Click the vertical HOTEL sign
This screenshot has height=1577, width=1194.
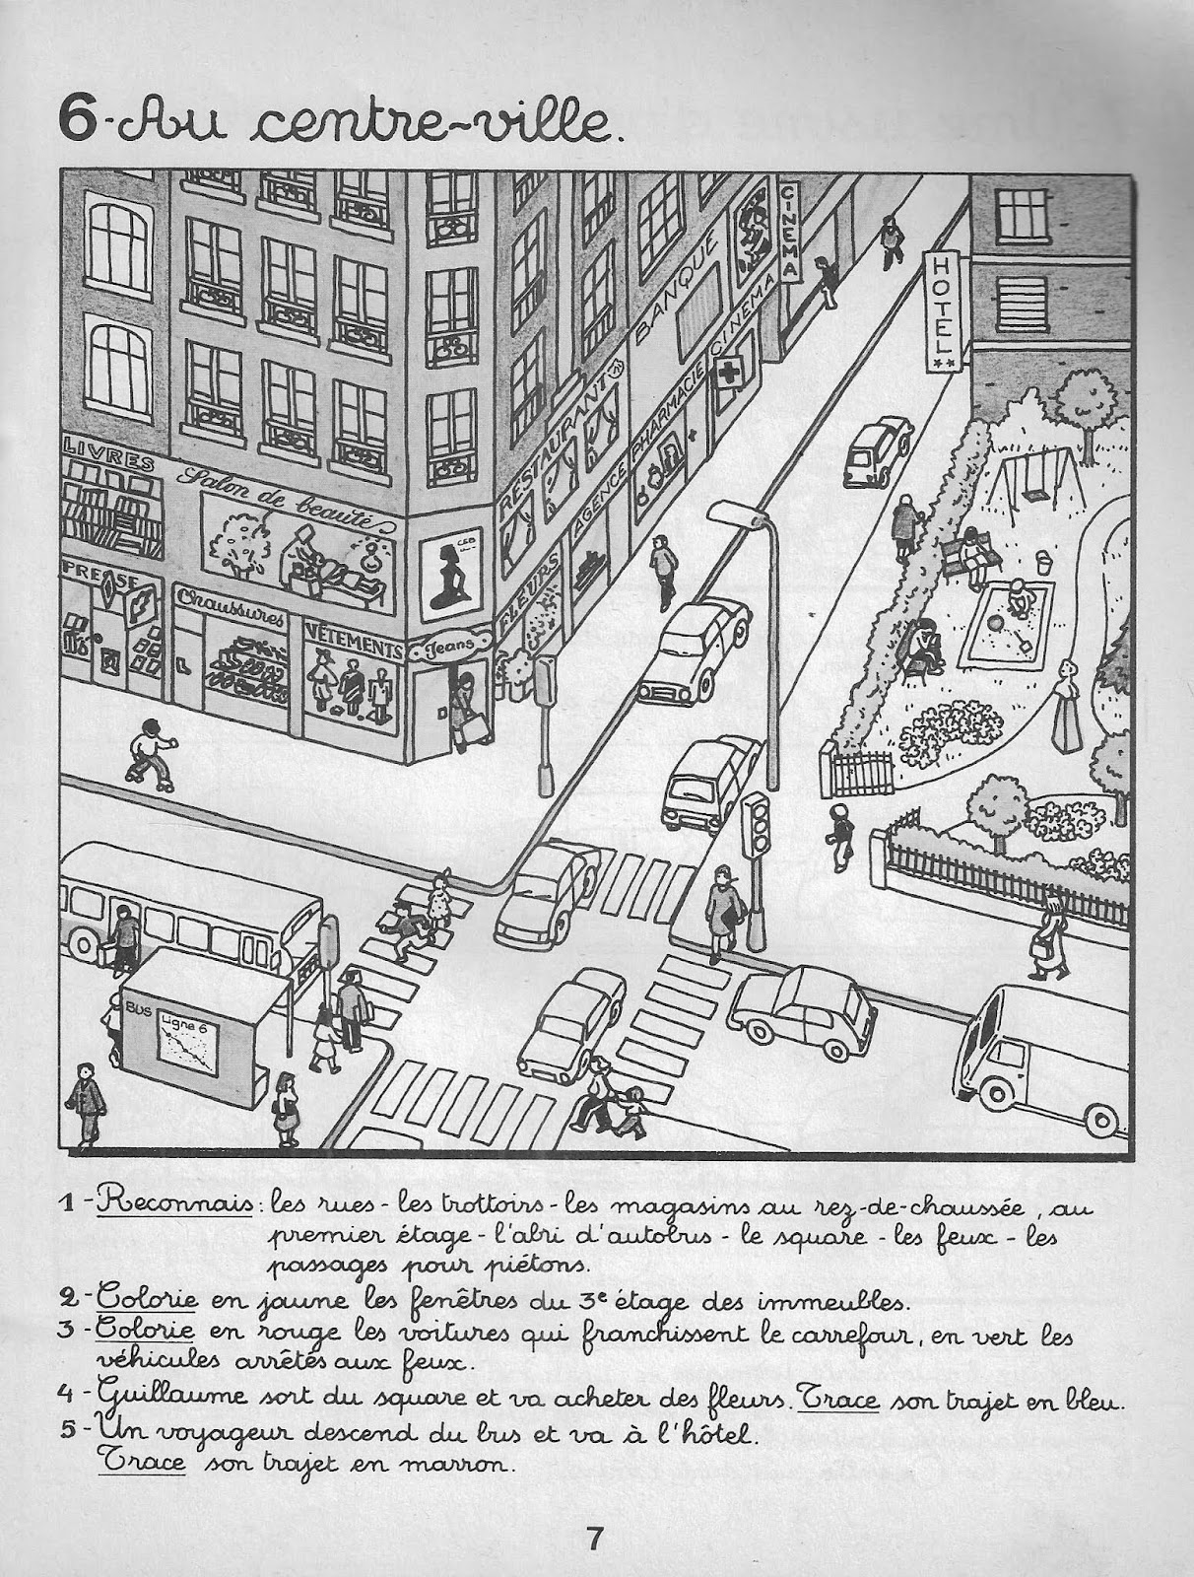(x=943, y=311)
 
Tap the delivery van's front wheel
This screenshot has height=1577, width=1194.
(x=995, y=1091)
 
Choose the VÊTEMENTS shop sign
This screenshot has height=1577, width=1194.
(x=353, y=646)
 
